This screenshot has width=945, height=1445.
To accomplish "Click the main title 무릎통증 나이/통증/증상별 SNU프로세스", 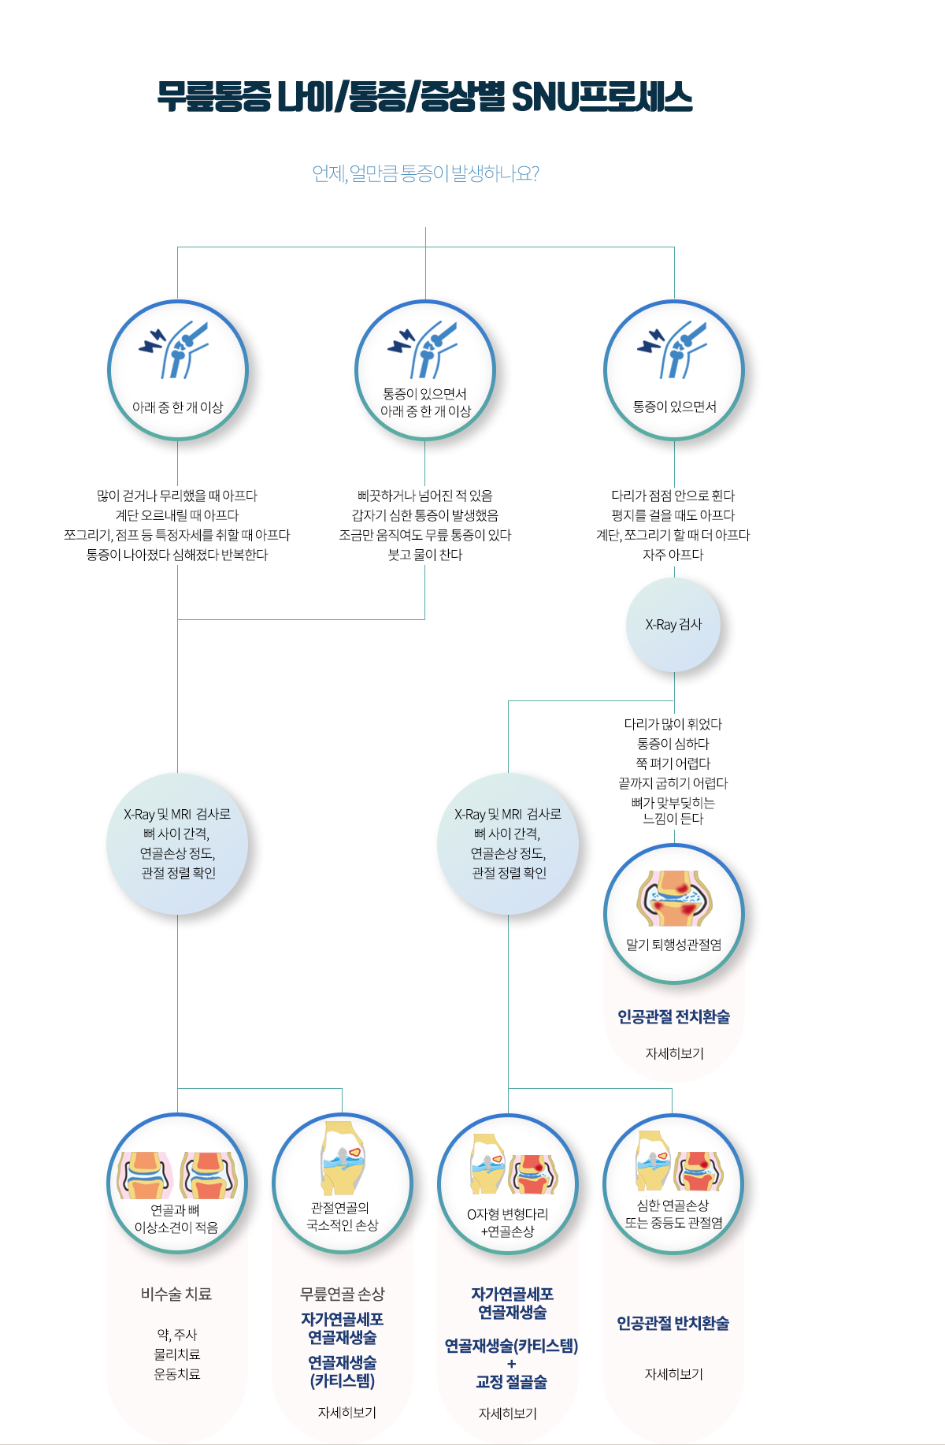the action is (424, 97).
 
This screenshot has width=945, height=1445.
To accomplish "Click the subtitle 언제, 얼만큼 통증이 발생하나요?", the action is (425, 173).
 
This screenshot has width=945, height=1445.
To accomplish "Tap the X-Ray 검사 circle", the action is (673, 625).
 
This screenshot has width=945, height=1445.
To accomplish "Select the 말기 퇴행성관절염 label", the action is (673, 945).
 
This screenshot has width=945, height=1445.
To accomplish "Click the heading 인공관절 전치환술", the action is (673, 1017).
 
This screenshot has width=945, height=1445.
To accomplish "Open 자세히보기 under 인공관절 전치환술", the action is (674, 1053).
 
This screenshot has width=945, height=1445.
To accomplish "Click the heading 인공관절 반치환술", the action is (673, 1323).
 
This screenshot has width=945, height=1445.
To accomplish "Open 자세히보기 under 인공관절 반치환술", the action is (673, 1374).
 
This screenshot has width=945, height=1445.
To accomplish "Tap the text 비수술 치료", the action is (176, 1294).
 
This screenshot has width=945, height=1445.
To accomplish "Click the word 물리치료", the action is (177, 1354).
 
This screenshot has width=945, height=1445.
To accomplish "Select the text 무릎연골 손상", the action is (342, 1294).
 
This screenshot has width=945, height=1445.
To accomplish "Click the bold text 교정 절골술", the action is (511, 1382).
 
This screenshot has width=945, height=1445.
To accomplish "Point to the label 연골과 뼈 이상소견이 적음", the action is (176, 1219).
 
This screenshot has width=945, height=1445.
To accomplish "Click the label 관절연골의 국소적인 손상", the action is (342, 1217).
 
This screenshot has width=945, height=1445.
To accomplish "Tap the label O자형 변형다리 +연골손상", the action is (507, 1223).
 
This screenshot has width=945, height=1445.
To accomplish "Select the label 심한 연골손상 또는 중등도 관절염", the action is (673, 1214).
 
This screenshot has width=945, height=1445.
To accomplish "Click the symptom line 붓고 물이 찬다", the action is (425, 555).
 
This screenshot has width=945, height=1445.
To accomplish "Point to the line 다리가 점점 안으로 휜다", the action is (673, 496).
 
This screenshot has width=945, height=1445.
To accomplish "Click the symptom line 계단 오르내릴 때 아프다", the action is (177, 515).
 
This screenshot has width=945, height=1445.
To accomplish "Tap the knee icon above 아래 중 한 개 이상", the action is (175, 348).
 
